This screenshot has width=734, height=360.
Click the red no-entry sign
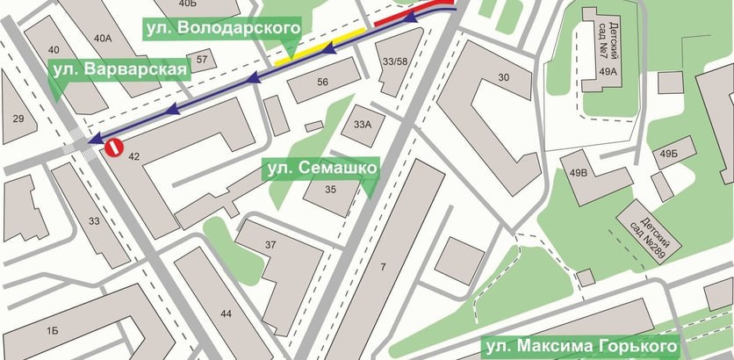pos(113,148)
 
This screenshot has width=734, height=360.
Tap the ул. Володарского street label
pos(221,29)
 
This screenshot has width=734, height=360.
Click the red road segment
pos(413,12)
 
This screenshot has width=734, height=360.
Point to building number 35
pos(330,189)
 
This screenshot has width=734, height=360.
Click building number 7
pos(381,265)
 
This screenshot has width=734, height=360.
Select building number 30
pos(504,78)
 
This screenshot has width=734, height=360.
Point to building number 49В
pos(578,173)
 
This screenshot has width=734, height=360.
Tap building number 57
pos(203,60)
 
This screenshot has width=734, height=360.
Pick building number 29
pos(18,117)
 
